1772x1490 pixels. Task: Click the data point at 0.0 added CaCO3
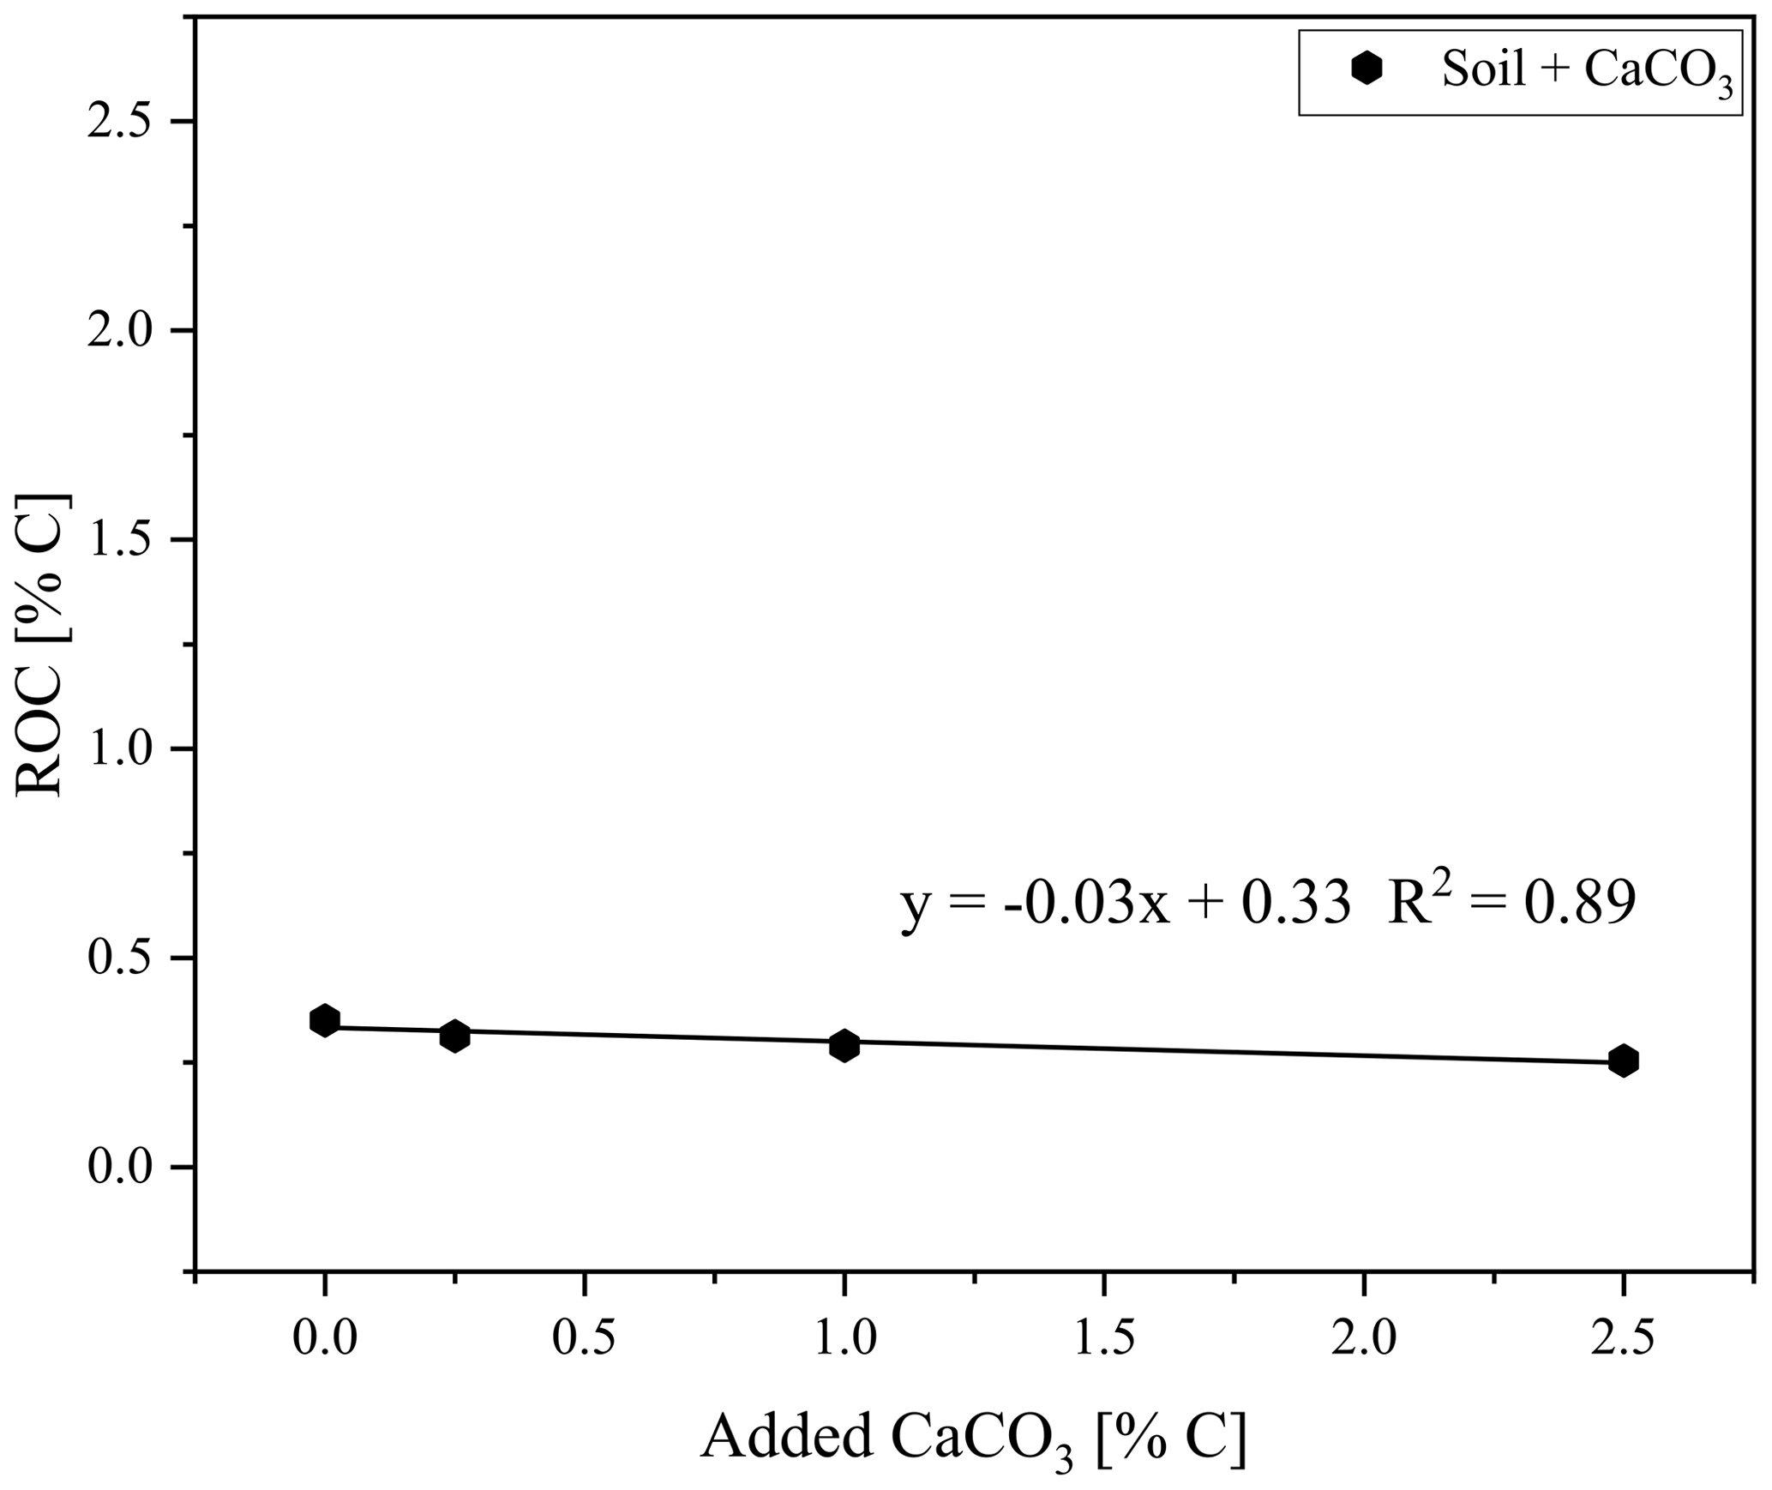click(x=324, y=1020)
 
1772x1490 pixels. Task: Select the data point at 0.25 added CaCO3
click(x=454, y=1036)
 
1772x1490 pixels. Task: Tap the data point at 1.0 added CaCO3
click(x=844, y=1045)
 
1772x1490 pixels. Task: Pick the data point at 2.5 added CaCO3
click(x=1623, y=1060)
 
